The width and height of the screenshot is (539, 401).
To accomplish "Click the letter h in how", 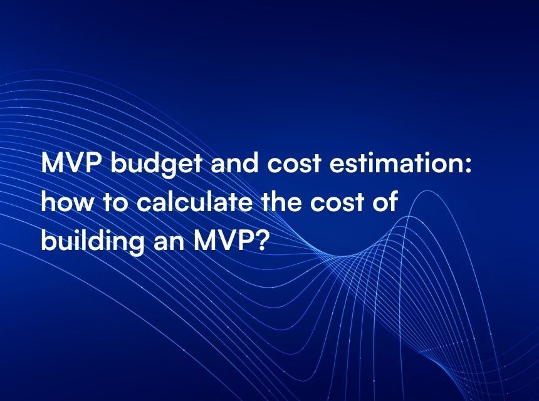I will coord(48,204).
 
